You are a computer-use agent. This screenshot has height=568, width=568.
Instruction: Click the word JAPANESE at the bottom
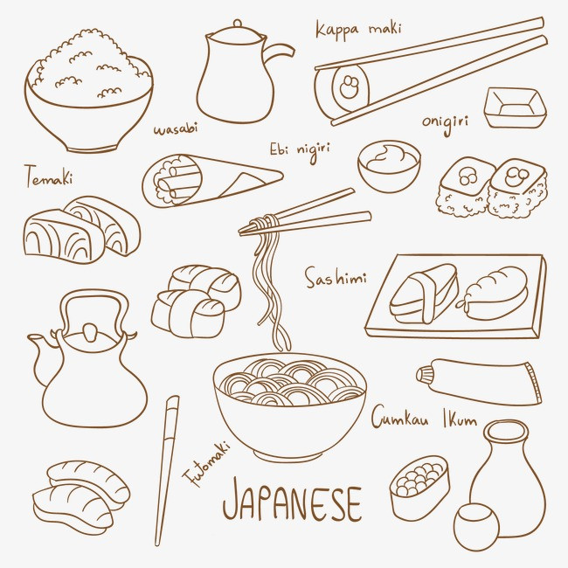tap(292, 500)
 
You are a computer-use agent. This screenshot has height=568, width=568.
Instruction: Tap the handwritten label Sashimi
tap(336, 278)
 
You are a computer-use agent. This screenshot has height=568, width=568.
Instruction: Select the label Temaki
tap(49, 176)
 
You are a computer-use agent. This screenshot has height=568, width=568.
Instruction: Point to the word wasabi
tap(176, 128)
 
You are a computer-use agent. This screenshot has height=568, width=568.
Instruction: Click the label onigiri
tap(445, 123)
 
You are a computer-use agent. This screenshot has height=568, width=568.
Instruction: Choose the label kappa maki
tap(358, 29)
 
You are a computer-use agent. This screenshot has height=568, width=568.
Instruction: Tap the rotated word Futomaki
tap(206, 464)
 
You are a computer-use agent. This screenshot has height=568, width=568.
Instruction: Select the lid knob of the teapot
tap(89, 331)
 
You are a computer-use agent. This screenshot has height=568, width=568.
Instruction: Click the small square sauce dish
tap(515, 107)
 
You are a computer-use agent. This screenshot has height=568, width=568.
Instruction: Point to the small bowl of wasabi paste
tap(389, 165)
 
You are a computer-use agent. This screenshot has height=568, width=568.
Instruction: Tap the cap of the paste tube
tap(424, 374)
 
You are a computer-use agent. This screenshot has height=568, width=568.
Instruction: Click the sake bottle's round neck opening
tap(506, 433)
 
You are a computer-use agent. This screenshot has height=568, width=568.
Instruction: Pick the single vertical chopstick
tap(167, 470)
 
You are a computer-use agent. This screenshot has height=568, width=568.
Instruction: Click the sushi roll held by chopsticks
tap(343, 89)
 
